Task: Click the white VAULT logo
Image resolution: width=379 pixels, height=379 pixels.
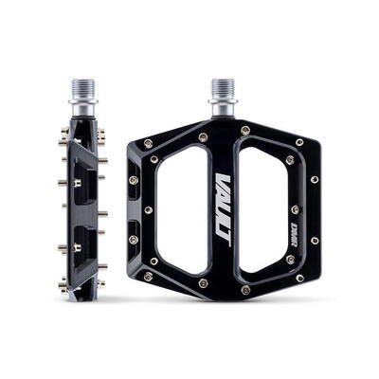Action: click(224, 208)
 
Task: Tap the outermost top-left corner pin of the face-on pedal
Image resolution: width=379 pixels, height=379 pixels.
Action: click(148, 144)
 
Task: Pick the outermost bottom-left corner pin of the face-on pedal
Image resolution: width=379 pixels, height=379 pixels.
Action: click(148, 277)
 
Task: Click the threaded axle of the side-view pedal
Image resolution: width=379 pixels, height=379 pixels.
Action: click(82, 91)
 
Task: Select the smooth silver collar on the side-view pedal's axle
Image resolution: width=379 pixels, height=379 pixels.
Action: click(82, 110)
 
